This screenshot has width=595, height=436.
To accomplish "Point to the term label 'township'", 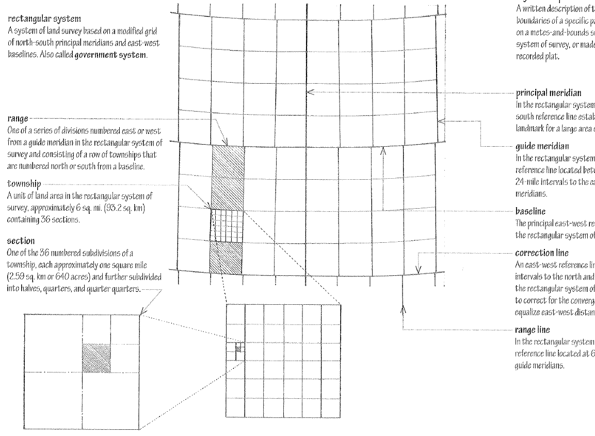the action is [x=25, y=183].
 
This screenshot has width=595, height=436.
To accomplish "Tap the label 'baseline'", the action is [x=530, y=211].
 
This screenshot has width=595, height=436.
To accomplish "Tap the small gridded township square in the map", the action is [x=227, y=225].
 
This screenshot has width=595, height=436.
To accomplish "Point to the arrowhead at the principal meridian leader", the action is [x=309, y=92].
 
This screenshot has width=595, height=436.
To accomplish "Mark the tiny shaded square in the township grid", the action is [x=238, y=349].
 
